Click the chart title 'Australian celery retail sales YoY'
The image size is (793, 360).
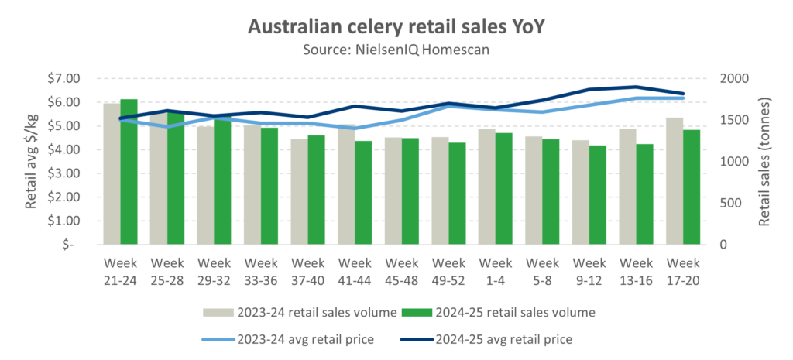pyautogui.click(x=396, y=26)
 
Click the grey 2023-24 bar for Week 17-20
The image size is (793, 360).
pyautogui.click(x=670, y=182)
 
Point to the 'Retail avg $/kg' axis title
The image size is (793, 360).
pyautogui.click(x=32, y=161)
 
